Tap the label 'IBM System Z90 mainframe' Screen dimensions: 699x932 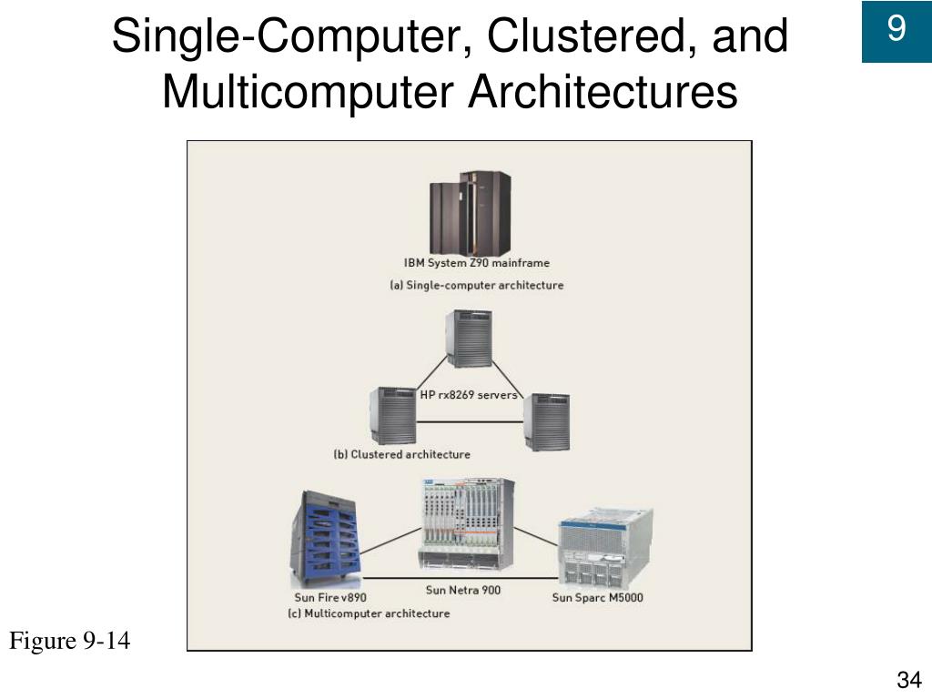tap(477, 263)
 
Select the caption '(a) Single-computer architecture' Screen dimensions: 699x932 tap(476, 285)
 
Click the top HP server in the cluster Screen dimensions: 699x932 tap(469, 339)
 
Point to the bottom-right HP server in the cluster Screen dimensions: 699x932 tap(547, 421)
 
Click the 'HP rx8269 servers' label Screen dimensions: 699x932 tap(469, 395)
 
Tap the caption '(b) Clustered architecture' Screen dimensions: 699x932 tap(401, 453)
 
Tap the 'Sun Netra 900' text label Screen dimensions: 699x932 tap(462, 590)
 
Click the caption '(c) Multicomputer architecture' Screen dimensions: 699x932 tap(369, 613)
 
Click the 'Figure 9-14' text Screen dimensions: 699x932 tap(70, 642)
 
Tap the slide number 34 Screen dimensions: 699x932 tap(908, 680)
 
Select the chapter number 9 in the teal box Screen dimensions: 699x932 tap(897, 31)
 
